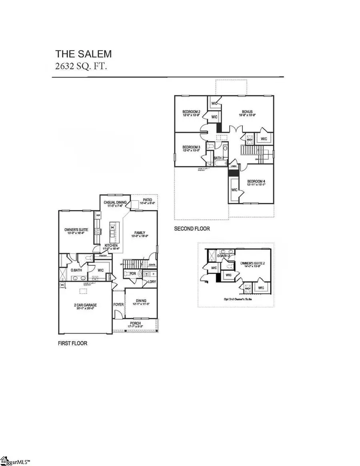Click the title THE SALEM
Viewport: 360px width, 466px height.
click(x=83, y=54)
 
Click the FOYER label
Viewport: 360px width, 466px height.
click(x=118, y=304)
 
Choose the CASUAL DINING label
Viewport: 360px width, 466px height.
click(x=115, y=202)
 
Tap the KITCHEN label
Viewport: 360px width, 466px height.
click(x=111, y=245)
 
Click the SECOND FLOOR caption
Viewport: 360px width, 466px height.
click(x=192, y=229)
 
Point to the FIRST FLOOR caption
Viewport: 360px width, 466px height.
click(x=72, y=343)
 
